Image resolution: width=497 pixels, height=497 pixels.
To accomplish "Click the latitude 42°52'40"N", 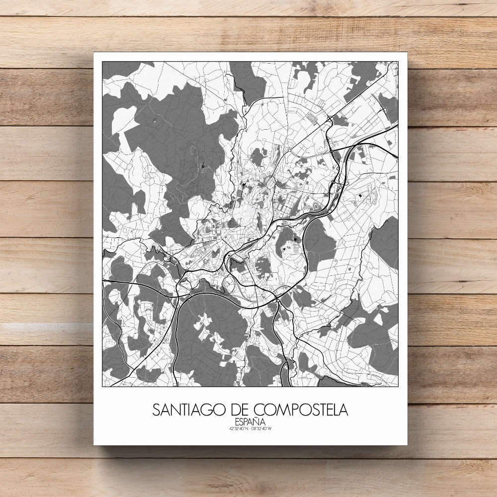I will tap(238, 429).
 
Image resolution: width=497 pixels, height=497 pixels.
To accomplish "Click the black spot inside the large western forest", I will tap(203, 166).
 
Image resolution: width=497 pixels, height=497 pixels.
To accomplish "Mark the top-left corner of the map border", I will tap(102, 62).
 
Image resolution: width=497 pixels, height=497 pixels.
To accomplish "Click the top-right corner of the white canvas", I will tap(407, 52).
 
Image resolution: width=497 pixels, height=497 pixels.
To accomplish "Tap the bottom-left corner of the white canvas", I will tap(94, 445).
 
